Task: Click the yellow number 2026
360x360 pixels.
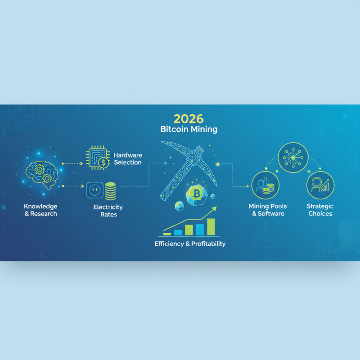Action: (189, 119)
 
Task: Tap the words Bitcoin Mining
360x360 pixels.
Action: (189, 130)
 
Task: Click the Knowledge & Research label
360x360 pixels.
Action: (40, 210)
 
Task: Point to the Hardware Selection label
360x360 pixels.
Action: (128, 158)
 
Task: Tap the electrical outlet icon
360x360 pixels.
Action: (94, 190)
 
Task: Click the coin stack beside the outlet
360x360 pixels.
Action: (110, 191)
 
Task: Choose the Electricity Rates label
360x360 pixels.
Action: (108, 211)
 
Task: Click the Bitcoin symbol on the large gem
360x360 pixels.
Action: (196, 194)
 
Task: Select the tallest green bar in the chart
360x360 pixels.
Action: (211, 227)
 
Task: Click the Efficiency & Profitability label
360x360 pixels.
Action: (190, 243)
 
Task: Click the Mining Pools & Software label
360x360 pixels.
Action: (268, 210)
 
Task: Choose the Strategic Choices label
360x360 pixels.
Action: (320, 210)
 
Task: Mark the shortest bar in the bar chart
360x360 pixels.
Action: (167, 234)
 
